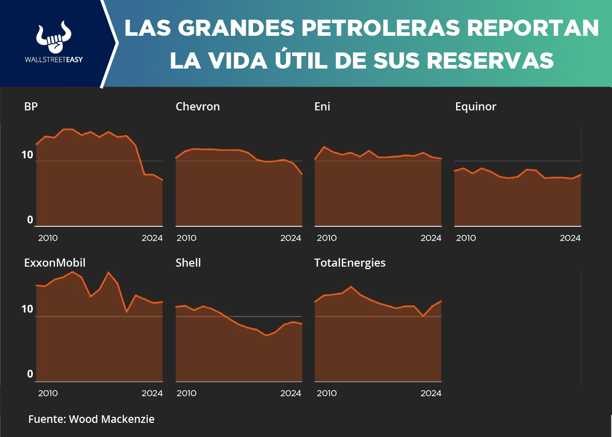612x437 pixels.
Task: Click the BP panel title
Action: pyautogui.click(x=31, y=106)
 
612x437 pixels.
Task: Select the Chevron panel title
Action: pyautogui.click(x=198, y=106)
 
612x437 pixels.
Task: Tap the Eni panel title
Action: pyautogui.click(x=322, y=106)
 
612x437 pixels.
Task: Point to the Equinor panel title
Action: pyautogui.click(x=475, y=106)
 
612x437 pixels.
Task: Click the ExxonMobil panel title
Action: pyautogui.click(x=54, y=263)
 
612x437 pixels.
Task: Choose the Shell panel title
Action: pyautogui.click(x=188, y=263)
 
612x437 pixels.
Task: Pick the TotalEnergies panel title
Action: pyautogui.click(x=350, y=263)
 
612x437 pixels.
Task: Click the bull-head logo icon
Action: pyautogui.click(x=53, y=38)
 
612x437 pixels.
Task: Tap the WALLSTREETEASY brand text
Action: pyautogui.click(x=53, y=59)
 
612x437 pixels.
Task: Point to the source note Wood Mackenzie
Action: pyautogui.click(x=91, y=419)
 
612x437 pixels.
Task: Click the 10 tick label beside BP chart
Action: pyautogui.click(x=27, y=155)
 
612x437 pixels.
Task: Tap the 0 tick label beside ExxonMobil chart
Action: pyautogui.click(x=30, y=374)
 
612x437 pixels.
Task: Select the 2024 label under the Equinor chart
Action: pyautogui.click(x=570, y=238)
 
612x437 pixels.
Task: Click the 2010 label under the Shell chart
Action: pyautogui.click(x=186, y=393)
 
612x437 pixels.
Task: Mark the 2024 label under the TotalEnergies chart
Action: pyautogui.click(x=431, y=393)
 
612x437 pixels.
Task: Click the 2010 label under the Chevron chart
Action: pyautogui.click(x=186, y=238)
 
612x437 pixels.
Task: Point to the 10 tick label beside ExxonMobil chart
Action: pyautogui.click(x=27, y=309)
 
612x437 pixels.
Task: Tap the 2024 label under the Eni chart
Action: pyautogui.click(x=431, y=238)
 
